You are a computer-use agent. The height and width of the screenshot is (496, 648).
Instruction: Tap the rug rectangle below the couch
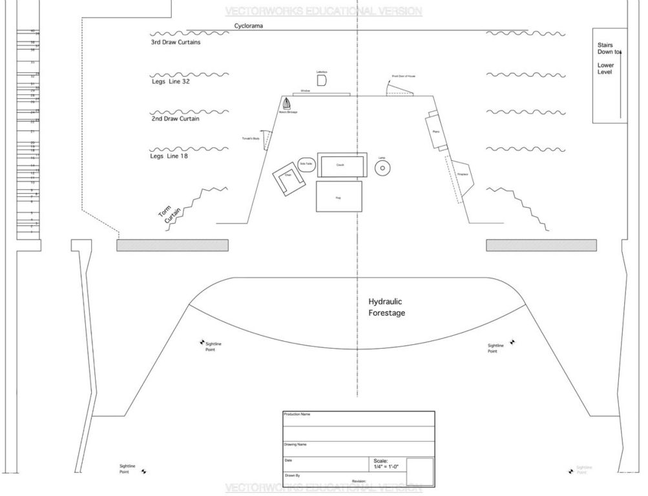(339, 196)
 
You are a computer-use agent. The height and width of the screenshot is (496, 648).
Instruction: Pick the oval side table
(306, 165)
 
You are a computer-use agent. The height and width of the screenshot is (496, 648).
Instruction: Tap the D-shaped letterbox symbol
(322, 79)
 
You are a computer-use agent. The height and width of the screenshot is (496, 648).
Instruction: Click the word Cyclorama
(249, 26)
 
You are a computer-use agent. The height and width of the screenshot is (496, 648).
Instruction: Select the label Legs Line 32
(170, 82)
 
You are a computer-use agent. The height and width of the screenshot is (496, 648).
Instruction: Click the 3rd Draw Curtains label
(176, 43)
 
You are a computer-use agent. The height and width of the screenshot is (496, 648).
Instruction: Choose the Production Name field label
(297, 414)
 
